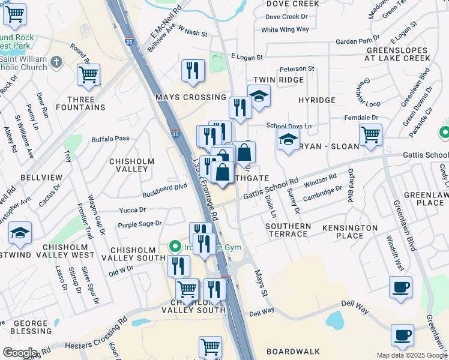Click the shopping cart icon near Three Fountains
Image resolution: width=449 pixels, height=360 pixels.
click(88, 75)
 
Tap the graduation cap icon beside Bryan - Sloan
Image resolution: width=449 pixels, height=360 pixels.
click(289, 140)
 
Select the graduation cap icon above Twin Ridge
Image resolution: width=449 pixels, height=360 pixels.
click(259, 96)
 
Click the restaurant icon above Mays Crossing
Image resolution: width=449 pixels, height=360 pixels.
click(193, 70)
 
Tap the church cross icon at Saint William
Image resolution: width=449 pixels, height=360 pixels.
click(56, 62)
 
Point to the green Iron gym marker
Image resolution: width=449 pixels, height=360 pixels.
click(175, 247)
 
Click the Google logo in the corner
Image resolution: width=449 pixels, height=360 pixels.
click(20, 353)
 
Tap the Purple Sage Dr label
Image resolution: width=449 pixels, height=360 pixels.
click(140, 224)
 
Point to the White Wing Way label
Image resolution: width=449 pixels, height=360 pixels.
click(285, 29)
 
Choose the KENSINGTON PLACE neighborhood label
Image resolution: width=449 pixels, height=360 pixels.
click(350, 232)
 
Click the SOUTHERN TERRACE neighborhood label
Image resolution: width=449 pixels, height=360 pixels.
click(289, 230)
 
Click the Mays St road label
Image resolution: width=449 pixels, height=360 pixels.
click(261, 285)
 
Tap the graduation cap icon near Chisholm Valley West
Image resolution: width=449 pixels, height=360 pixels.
click(20, 233)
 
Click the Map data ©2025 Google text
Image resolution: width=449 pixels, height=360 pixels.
click(412, 355)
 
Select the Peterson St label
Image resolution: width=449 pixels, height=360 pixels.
click(297, 69)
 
